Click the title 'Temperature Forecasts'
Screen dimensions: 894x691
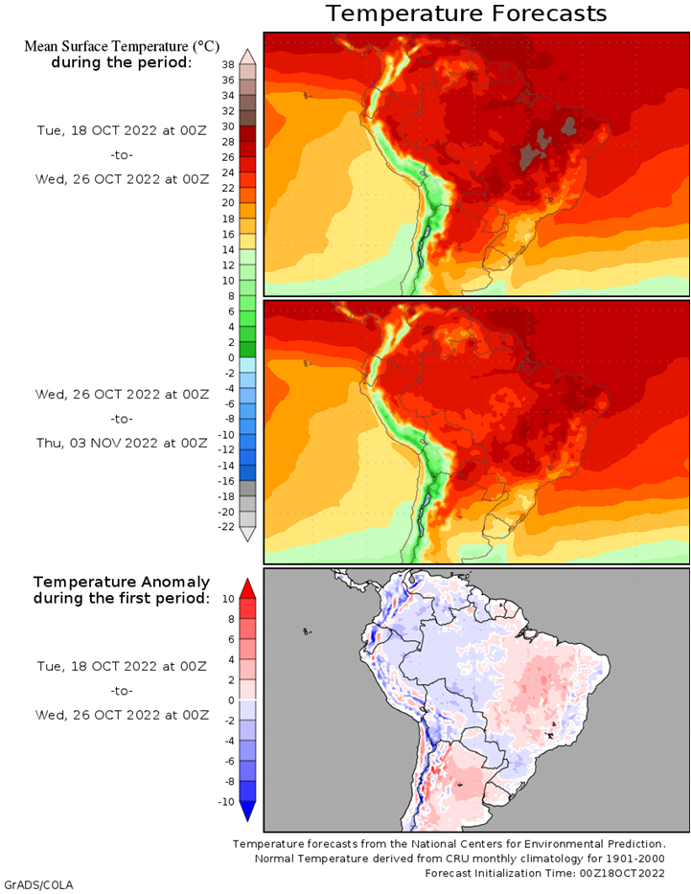[x=466, y=13]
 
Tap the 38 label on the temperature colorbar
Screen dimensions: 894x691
[x=229, y=64]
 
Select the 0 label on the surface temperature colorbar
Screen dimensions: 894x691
[x=230, y=357]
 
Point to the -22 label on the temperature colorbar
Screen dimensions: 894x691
[x=227, y=527]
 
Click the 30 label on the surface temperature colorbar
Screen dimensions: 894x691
[x=229, y=126]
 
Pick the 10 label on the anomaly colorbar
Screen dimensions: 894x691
[x=228, y=598]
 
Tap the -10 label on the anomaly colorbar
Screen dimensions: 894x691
[x=226, y=802]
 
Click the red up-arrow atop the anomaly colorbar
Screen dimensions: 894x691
[x=247, y=587]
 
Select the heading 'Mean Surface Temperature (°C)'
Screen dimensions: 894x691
[x=121, y=46]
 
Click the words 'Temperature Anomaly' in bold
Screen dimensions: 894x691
[x=121, y=582]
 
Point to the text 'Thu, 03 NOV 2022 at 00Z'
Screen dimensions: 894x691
[x=121, y=443]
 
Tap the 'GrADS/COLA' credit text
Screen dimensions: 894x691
[x=38, y=884]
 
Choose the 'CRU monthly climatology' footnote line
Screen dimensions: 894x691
[x=472, y=859]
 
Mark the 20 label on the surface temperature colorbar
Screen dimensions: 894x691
[x=229, y=203]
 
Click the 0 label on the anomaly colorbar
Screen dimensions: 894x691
[x=230, y=700]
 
